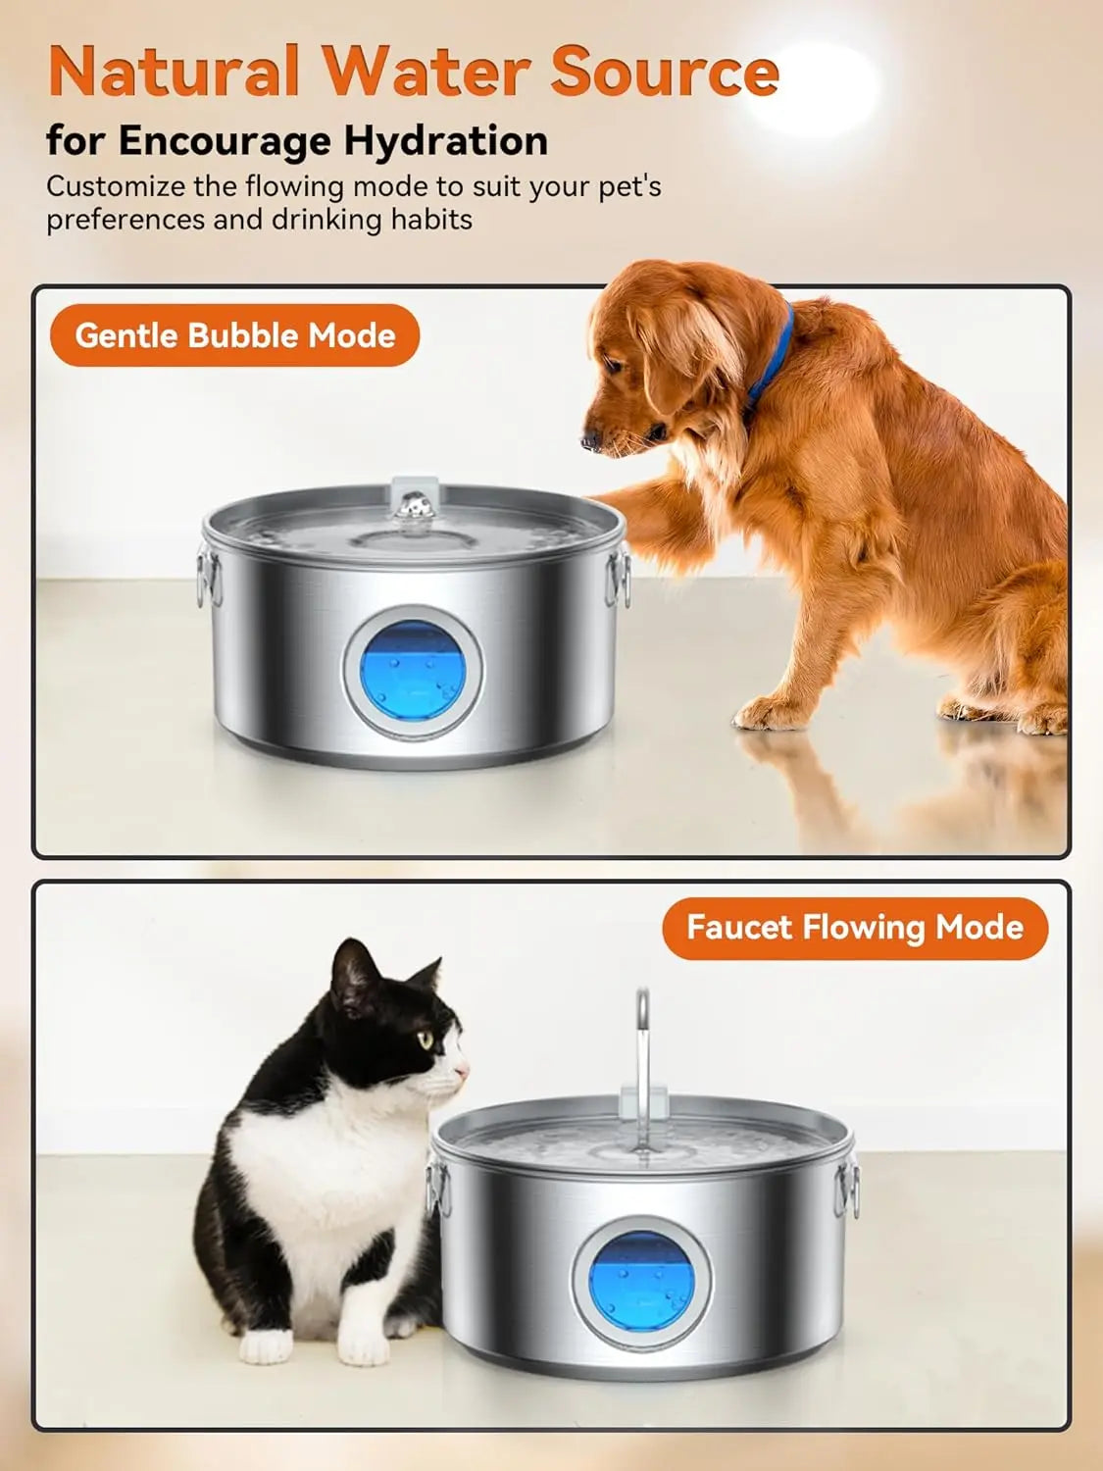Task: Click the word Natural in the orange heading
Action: pos(175,71)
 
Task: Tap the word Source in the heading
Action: pos(665,71)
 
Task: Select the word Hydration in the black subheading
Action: pos(446,141)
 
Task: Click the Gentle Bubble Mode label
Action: pos(234,335)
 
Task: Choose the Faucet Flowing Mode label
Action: pos(855,928)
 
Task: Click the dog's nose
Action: pos(590,441)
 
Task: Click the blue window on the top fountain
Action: pos(413,672)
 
